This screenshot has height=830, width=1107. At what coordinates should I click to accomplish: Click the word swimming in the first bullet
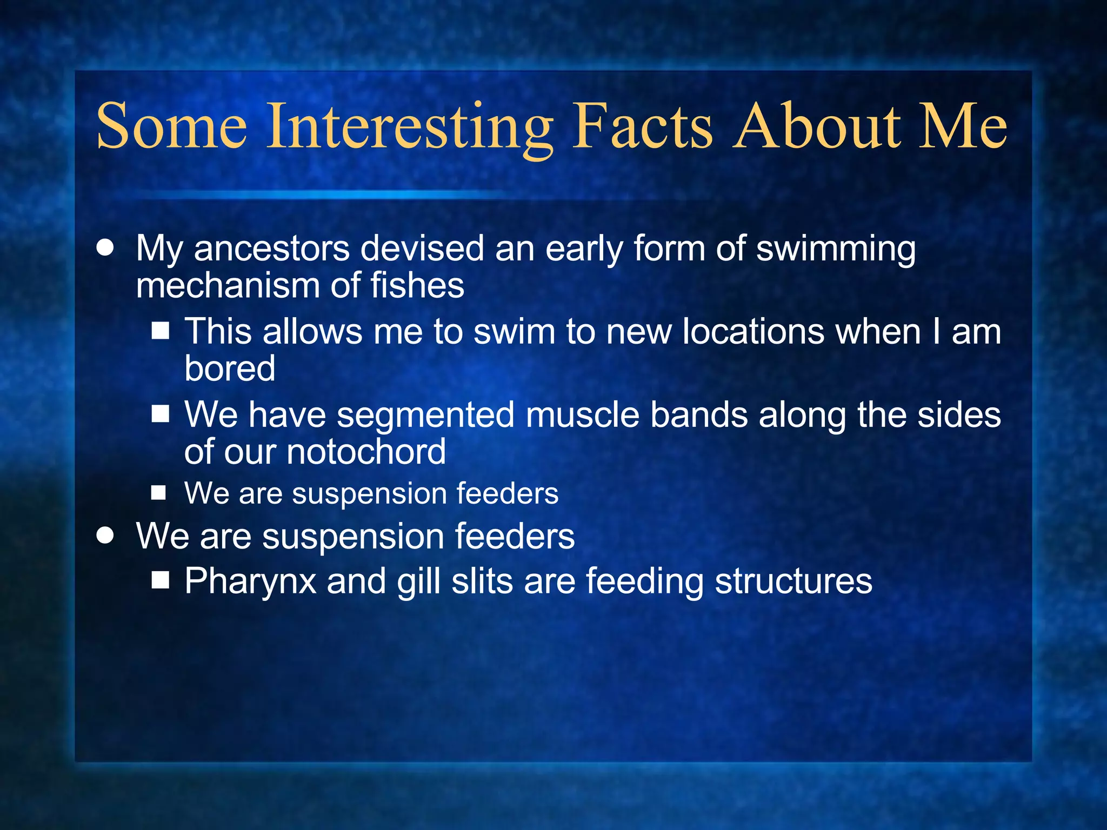click(836, 250)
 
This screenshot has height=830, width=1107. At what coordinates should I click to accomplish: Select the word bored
click(230, 369)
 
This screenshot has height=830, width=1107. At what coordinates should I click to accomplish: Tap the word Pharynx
click(250, 583)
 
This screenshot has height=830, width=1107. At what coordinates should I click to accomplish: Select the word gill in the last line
click(418, 583)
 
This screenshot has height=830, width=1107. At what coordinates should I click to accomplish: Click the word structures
click(793, 581)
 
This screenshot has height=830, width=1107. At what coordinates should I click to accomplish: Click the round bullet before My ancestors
click(105, 248)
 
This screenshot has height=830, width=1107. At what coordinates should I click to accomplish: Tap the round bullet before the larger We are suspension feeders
click(105, 536)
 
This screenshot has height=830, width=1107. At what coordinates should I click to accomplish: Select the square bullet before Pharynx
click(161, 580)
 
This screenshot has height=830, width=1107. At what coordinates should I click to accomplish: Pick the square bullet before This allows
click(161, 331)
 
